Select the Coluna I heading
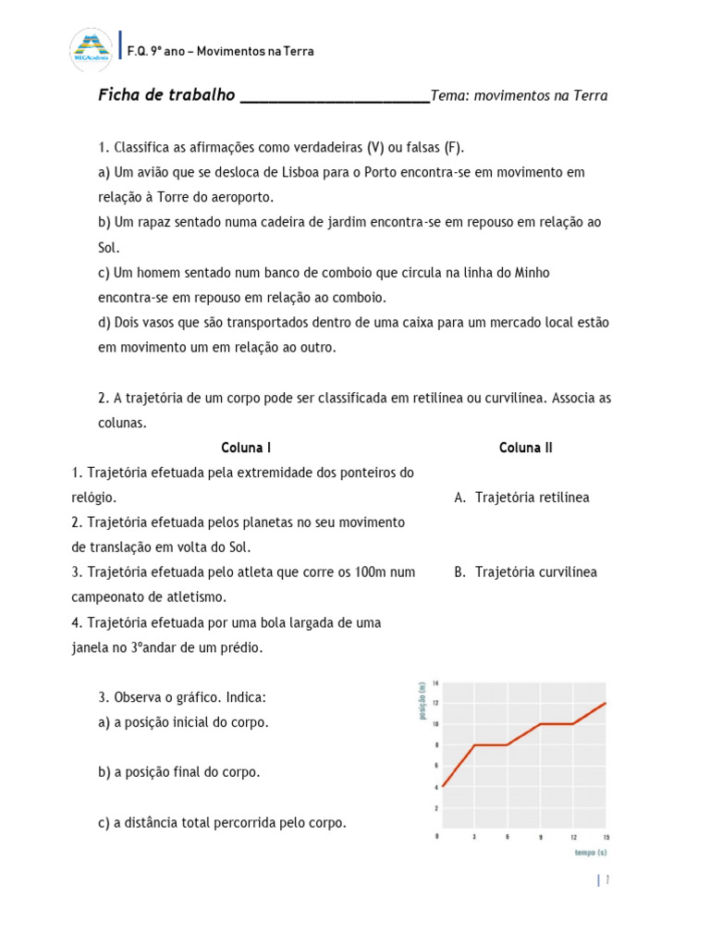coord(246,448)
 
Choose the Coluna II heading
coord(525,448)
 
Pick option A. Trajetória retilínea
coord(521,498)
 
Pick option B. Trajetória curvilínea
coord(525,572)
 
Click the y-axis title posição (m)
coord(422,701)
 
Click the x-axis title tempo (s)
coord(590,852)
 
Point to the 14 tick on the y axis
coord(435,683)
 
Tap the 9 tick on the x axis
coord(540,836)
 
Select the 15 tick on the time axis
coord(606,836)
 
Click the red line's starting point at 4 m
coord(444,786)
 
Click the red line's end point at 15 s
coord(606,703)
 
